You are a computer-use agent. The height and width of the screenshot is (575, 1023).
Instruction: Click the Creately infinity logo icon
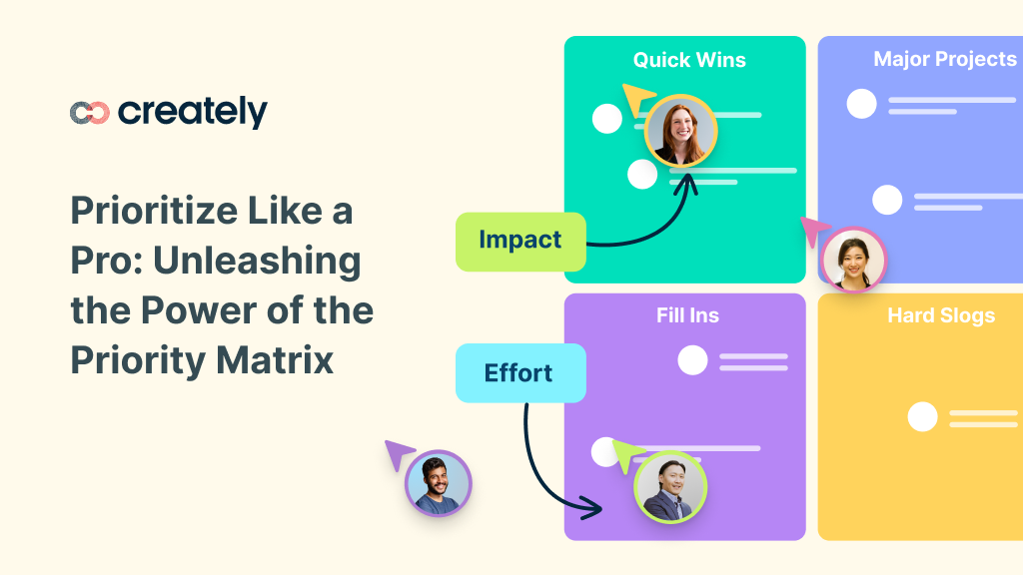[89, 113]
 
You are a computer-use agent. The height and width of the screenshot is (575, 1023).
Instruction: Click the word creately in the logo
[193, 112]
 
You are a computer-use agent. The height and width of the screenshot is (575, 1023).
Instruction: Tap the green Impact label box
[520, 241]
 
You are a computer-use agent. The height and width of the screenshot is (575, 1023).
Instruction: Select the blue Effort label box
[519, 373]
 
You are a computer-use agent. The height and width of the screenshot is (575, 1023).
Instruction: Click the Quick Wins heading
[689, 60]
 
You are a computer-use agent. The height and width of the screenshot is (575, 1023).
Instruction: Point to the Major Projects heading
[944, 59]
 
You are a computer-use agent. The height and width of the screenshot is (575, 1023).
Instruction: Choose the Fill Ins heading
[687, 316]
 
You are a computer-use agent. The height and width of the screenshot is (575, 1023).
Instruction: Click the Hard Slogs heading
[941, 316]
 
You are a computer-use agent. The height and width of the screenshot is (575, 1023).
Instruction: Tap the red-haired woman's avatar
[680, 131]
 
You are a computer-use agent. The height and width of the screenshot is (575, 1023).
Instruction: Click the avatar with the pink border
[853, 261]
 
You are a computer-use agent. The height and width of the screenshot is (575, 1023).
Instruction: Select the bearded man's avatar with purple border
[438, 483]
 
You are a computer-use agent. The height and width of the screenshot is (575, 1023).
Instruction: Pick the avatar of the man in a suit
[669, 488]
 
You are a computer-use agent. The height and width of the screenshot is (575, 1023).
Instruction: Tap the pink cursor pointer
[814, 232]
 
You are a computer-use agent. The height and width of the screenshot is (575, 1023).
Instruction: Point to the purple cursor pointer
[400, 455]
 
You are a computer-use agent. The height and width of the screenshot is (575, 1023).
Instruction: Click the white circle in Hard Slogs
[922, 416]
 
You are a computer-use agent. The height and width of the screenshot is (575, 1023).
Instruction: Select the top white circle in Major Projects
[861, 104]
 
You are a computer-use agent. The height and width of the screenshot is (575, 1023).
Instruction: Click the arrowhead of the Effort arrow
[595, 509]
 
